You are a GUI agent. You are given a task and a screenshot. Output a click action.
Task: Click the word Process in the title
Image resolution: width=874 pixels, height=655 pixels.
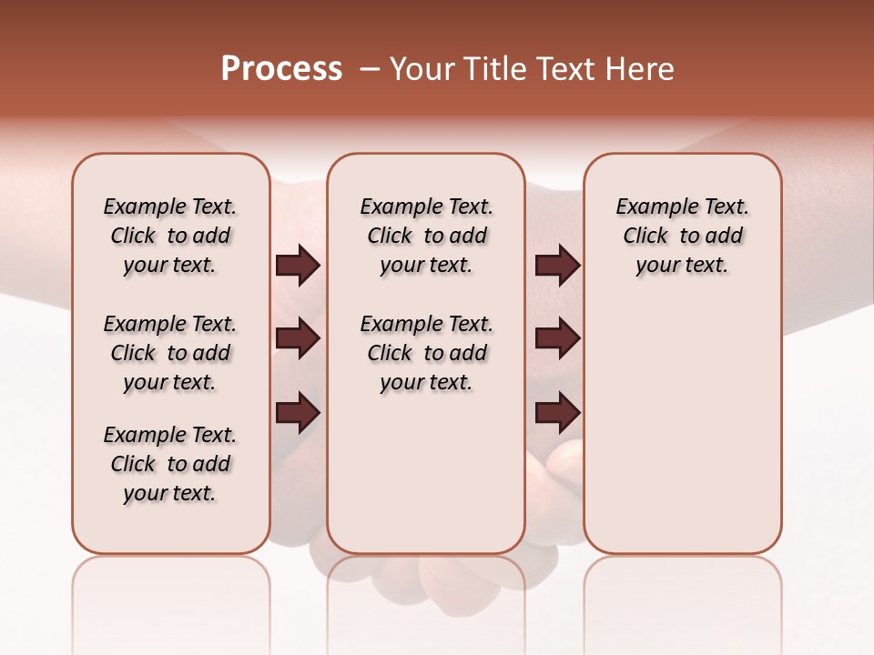point(281,69)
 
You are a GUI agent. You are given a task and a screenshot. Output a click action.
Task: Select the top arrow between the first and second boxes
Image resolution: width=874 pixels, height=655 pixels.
point(298,266)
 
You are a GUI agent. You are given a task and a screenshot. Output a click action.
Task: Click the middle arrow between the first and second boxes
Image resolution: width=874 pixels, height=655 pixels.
point(298,338)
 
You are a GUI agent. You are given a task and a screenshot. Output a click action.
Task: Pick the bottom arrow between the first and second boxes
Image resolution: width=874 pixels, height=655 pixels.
point(298,413)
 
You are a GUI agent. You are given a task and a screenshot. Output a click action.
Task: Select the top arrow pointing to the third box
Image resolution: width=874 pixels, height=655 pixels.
point(557,266)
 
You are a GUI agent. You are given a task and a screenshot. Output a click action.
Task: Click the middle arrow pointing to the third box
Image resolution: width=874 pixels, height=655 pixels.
point(557,338)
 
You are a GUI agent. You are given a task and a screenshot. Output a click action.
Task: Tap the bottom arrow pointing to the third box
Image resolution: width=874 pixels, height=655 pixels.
point(557,413)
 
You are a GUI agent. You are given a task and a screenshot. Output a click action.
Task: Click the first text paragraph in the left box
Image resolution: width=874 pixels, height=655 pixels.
point(170,236)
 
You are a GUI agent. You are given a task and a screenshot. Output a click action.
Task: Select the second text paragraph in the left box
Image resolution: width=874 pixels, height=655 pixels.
point(170,353)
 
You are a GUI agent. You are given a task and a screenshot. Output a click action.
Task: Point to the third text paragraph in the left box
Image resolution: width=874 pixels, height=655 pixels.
point(170,464)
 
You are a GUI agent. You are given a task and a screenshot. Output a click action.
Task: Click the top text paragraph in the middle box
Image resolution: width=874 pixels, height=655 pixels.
point(426,236)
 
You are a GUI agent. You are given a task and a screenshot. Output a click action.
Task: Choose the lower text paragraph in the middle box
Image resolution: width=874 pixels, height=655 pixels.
point(426,353)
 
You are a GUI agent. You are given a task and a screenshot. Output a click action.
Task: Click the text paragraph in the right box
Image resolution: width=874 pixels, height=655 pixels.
point(682,236)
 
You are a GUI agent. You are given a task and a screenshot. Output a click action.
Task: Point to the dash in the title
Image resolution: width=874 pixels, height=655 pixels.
point(370,69)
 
